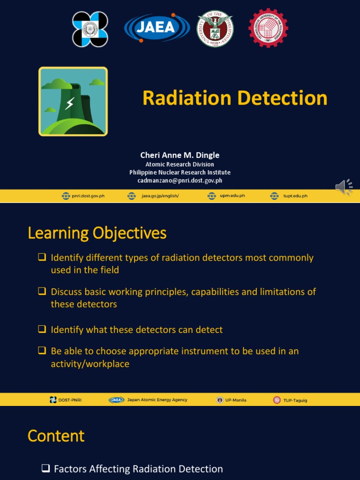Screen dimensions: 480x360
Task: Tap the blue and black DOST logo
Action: pos(90,29)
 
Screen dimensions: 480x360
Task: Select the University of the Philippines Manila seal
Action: pos(215,29)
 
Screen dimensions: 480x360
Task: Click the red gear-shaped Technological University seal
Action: pos(268,28)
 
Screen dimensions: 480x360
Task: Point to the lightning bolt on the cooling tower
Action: pos(69,104)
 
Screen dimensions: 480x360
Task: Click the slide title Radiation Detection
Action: pos(235,98)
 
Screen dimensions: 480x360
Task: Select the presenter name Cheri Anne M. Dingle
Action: pos(180,155)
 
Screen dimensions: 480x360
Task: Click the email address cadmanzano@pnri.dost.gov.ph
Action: pos(180,180)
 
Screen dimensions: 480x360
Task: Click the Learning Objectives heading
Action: pos(97,233)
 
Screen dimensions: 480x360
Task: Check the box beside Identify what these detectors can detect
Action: pos(42,330)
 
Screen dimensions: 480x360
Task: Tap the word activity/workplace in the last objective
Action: pos(90,364)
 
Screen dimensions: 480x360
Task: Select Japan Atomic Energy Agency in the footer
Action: pos(157,400)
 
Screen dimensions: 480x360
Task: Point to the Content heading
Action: pos(56,436)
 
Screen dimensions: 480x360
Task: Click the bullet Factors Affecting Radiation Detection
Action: pos(138,469)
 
